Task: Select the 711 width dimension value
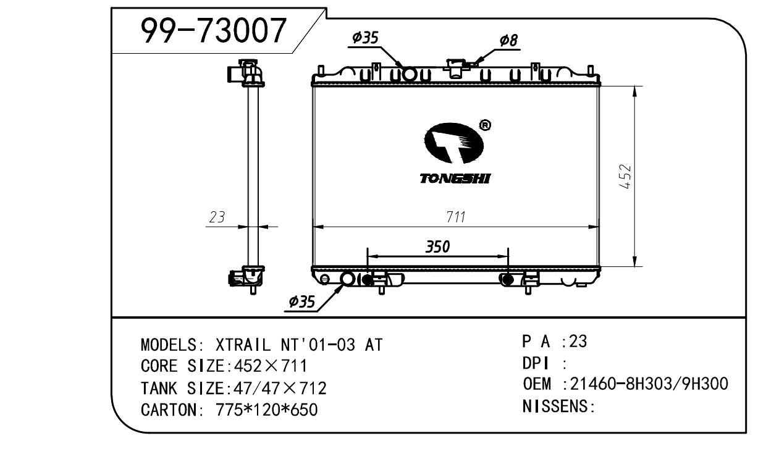(456, 217)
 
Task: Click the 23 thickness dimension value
(216, 217)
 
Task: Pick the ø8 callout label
(508, 41)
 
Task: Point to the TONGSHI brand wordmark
(455, 179)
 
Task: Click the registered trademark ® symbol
(485, 125)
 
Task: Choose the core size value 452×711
(267, 366)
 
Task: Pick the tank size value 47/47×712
(277, 388)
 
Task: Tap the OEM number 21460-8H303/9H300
(649, 384)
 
